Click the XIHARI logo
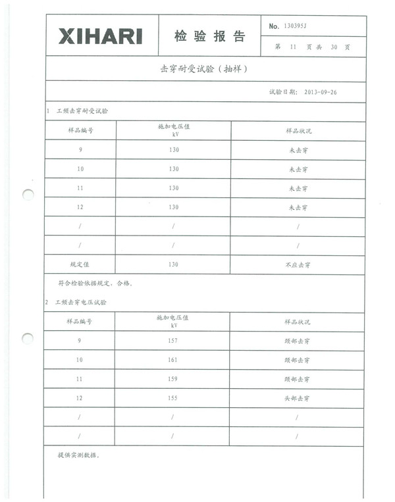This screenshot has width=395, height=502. tap(100, 36)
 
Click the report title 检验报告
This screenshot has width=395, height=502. tap(209, 36)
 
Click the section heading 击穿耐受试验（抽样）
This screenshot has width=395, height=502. tap(204, 69)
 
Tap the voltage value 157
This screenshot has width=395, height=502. tap(173, 341)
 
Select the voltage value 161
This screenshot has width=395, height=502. tap(173, 360)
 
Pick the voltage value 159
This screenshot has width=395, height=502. tap(173, 380)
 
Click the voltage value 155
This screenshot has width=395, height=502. tap(173, 399)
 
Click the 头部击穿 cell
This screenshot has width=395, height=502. tap(297, 399)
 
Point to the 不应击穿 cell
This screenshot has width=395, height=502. tap(298, 264)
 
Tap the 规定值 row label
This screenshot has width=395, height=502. tap(80, 264)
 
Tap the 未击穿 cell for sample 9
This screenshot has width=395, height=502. tap(298, 150)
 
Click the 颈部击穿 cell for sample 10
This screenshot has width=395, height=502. tap(297, 360)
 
